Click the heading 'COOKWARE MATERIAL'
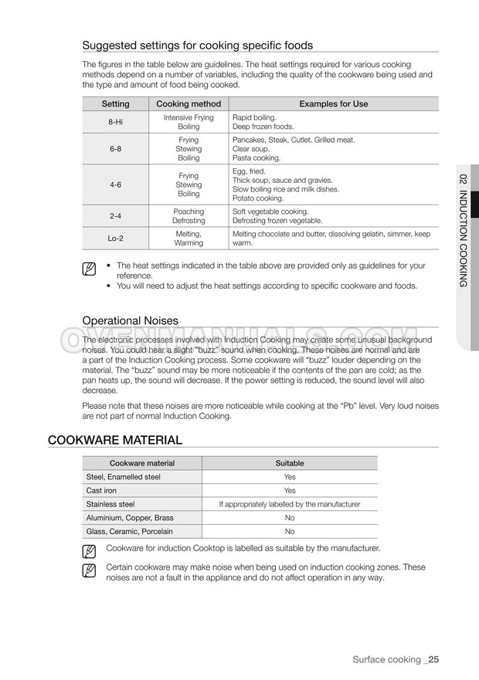coord(115,440)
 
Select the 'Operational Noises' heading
coord(130,320)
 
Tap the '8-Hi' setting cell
coord(116,122)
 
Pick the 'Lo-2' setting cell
coord(116,238)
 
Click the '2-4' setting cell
coord(116,216)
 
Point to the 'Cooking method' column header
coord(189,104)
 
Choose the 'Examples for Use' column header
coord(333,104)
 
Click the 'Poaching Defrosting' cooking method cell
coord(189,216)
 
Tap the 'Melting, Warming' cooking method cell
coord(189,238)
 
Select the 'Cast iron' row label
coord(101,490)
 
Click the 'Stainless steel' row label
coord(110,504)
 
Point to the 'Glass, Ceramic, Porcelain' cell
coord(129,532)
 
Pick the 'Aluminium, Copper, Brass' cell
coord(130,518)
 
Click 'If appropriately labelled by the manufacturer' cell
coord(290,504)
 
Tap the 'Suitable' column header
coord(290,463)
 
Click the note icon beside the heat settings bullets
coord(89,269)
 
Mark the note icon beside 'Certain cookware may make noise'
coord(89,572)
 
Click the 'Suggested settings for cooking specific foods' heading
coord(197,45)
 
